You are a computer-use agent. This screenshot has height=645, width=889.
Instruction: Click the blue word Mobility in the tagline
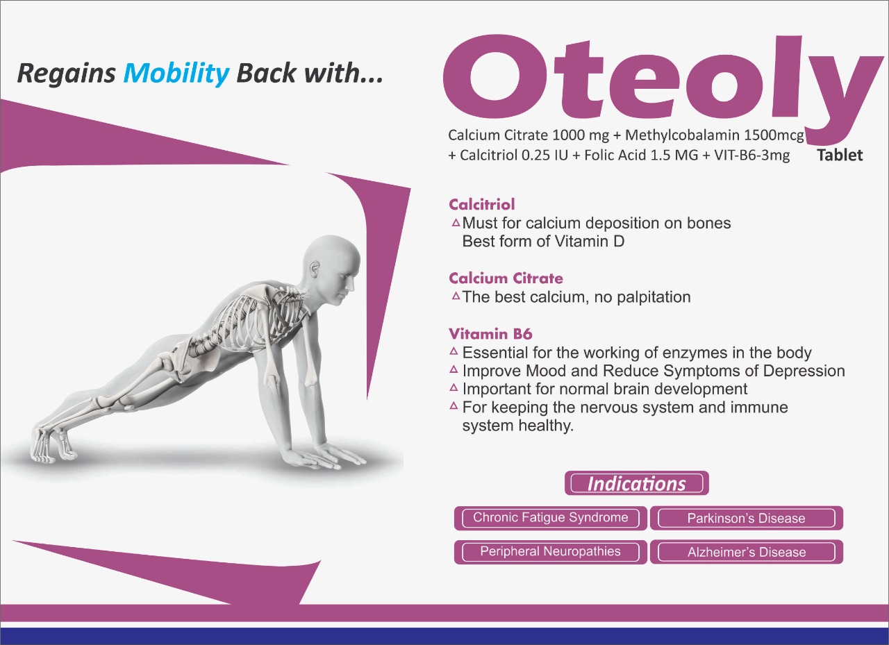pos(176,74)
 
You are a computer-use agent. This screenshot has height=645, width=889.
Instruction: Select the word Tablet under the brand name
pos(840,155)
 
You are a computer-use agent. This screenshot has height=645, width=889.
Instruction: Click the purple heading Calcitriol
pos(482,205)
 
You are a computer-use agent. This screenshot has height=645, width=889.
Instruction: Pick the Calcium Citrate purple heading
pos(506,278)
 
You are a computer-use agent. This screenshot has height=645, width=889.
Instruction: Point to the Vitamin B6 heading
pos(490,334)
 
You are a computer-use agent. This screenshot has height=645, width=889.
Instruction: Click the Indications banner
pos(637,483)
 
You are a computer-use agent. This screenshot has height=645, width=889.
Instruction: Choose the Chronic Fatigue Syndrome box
pos(551,518)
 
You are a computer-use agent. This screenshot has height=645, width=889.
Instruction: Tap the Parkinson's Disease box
pos(746,518)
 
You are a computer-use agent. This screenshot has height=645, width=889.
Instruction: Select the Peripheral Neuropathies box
pos(551,552)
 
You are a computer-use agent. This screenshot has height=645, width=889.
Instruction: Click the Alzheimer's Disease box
pos(746,552)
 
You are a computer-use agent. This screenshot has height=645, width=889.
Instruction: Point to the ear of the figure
pos(315,270)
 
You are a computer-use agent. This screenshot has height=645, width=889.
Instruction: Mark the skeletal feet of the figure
pos(51,445)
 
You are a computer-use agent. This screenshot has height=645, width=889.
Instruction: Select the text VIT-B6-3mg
pos(751,155)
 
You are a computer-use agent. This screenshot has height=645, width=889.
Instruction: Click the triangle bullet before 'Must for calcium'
pos(456,223)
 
